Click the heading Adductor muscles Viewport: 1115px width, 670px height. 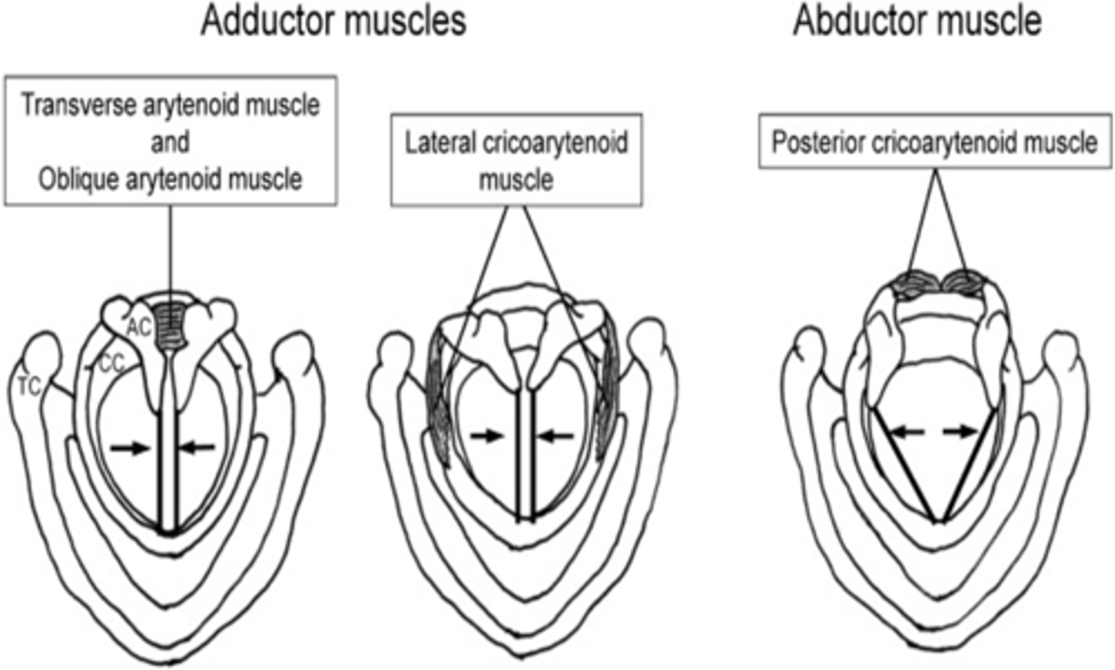point(333,20)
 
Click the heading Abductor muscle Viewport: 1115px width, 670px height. point(917,20)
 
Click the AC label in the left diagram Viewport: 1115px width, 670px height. point(138,328)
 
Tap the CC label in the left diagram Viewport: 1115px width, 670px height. point(112,364)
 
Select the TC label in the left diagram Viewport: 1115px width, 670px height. point(29,387)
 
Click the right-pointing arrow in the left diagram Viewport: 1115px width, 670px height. point(129,447)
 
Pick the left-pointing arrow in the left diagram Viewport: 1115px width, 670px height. point(197,446)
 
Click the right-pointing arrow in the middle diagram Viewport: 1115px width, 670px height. point(488,436)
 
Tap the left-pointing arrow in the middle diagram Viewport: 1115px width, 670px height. point(556,436)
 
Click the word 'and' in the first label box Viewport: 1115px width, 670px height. point(170,142)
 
